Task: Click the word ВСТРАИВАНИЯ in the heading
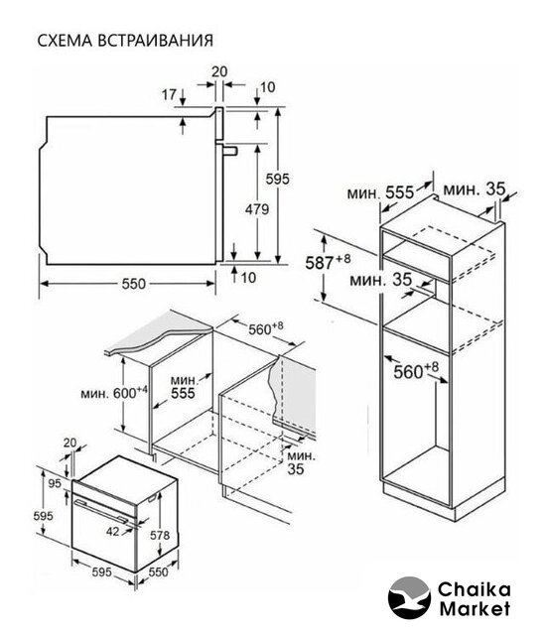(155, 41)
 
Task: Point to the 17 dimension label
(169, 95)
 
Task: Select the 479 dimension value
(257, 209)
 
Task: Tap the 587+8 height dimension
(328, 261)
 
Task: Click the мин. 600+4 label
(114, 392)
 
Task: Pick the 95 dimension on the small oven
(55, 483)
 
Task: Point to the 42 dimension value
(113, 531)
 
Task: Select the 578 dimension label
(160, 536)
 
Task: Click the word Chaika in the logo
(474, 589)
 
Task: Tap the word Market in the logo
(475, 608)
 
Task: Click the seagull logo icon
(409, 597)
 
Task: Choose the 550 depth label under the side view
(133, 284)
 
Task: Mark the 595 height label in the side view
(277, 179)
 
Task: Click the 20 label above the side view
(219, 71)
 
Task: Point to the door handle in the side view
(229, 151)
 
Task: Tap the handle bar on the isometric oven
(105, 510)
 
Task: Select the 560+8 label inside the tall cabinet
(416, 371)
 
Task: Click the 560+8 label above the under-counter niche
(265, 328)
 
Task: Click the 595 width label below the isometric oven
(101, 572)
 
